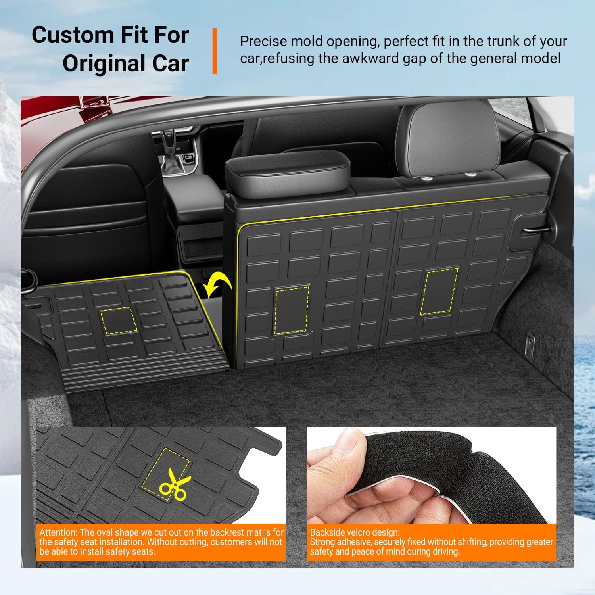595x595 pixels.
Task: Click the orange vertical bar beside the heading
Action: (215, 51)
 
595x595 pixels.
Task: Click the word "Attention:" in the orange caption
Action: (58, 532)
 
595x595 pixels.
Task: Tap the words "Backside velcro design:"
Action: (355, 532)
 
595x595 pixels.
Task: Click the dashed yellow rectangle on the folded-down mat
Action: (118, 321)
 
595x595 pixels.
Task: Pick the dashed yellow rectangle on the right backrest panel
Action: (440, 291)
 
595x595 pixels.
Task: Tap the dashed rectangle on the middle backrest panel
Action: (292, 309)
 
